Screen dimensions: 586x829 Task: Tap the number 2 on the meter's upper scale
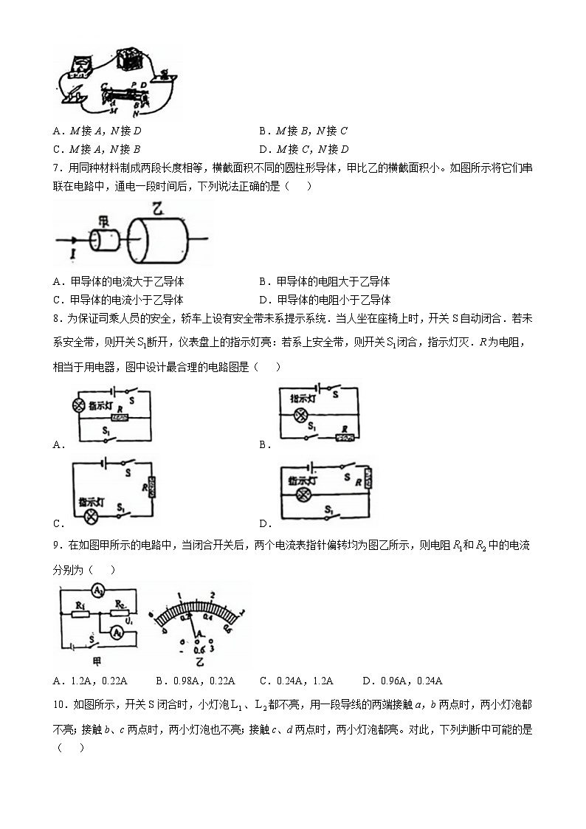212,595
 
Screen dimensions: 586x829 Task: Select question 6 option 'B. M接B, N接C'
303,131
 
